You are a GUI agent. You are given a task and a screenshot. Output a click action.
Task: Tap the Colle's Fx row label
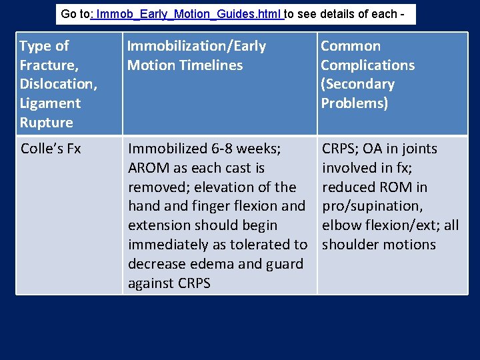click(51, 149)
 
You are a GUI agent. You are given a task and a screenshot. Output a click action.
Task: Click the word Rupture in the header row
click(47, 123)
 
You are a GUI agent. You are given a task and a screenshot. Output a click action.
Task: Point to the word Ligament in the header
click(50, 104)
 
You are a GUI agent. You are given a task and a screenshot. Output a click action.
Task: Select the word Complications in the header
click(367, 65)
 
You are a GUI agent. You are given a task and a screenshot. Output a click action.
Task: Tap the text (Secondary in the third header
click(357, 85)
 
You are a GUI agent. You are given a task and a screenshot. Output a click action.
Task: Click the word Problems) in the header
click(354, 104)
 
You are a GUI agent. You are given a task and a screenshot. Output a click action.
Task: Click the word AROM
click(148, 168)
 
